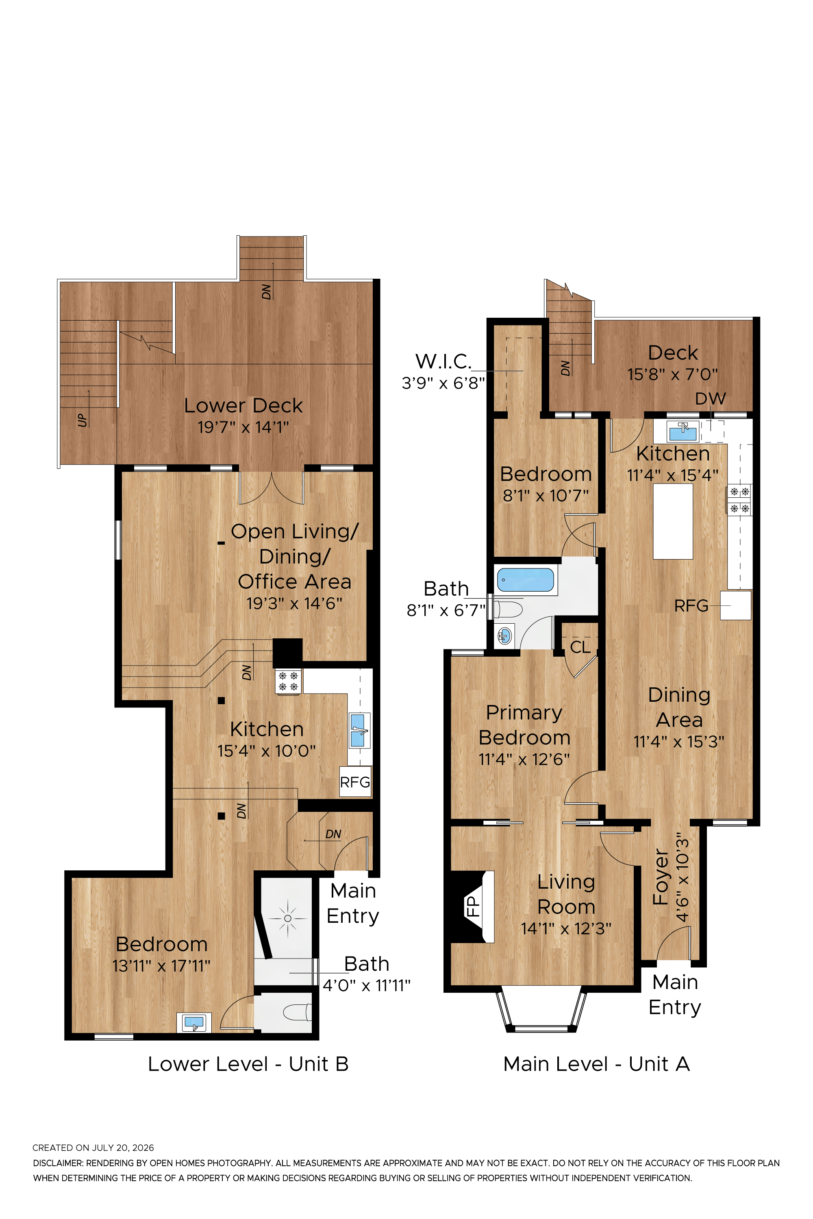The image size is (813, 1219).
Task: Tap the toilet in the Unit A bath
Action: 507,609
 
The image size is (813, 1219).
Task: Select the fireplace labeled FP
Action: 472,907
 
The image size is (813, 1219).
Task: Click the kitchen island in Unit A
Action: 672,521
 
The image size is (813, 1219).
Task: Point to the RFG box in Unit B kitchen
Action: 355,781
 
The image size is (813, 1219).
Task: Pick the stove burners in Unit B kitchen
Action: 288,681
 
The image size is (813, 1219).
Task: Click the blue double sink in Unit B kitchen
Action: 358,730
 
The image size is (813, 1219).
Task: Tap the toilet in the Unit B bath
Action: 297,1012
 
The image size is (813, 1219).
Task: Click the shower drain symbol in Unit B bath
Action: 288,918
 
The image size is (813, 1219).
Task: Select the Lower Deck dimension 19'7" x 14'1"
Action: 243,427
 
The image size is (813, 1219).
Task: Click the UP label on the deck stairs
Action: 82,419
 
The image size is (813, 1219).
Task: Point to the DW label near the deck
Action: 710,399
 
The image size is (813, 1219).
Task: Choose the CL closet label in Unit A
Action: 580,647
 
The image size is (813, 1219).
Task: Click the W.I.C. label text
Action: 443,361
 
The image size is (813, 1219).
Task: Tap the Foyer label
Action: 661,876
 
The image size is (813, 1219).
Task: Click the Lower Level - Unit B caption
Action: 248,1064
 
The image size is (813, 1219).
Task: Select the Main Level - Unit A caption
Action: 596,1064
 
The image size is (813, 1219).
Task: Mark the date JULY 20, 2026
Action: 123,1147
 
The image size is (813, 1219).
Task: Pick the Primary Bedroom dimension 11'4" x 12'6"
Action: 524,759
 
